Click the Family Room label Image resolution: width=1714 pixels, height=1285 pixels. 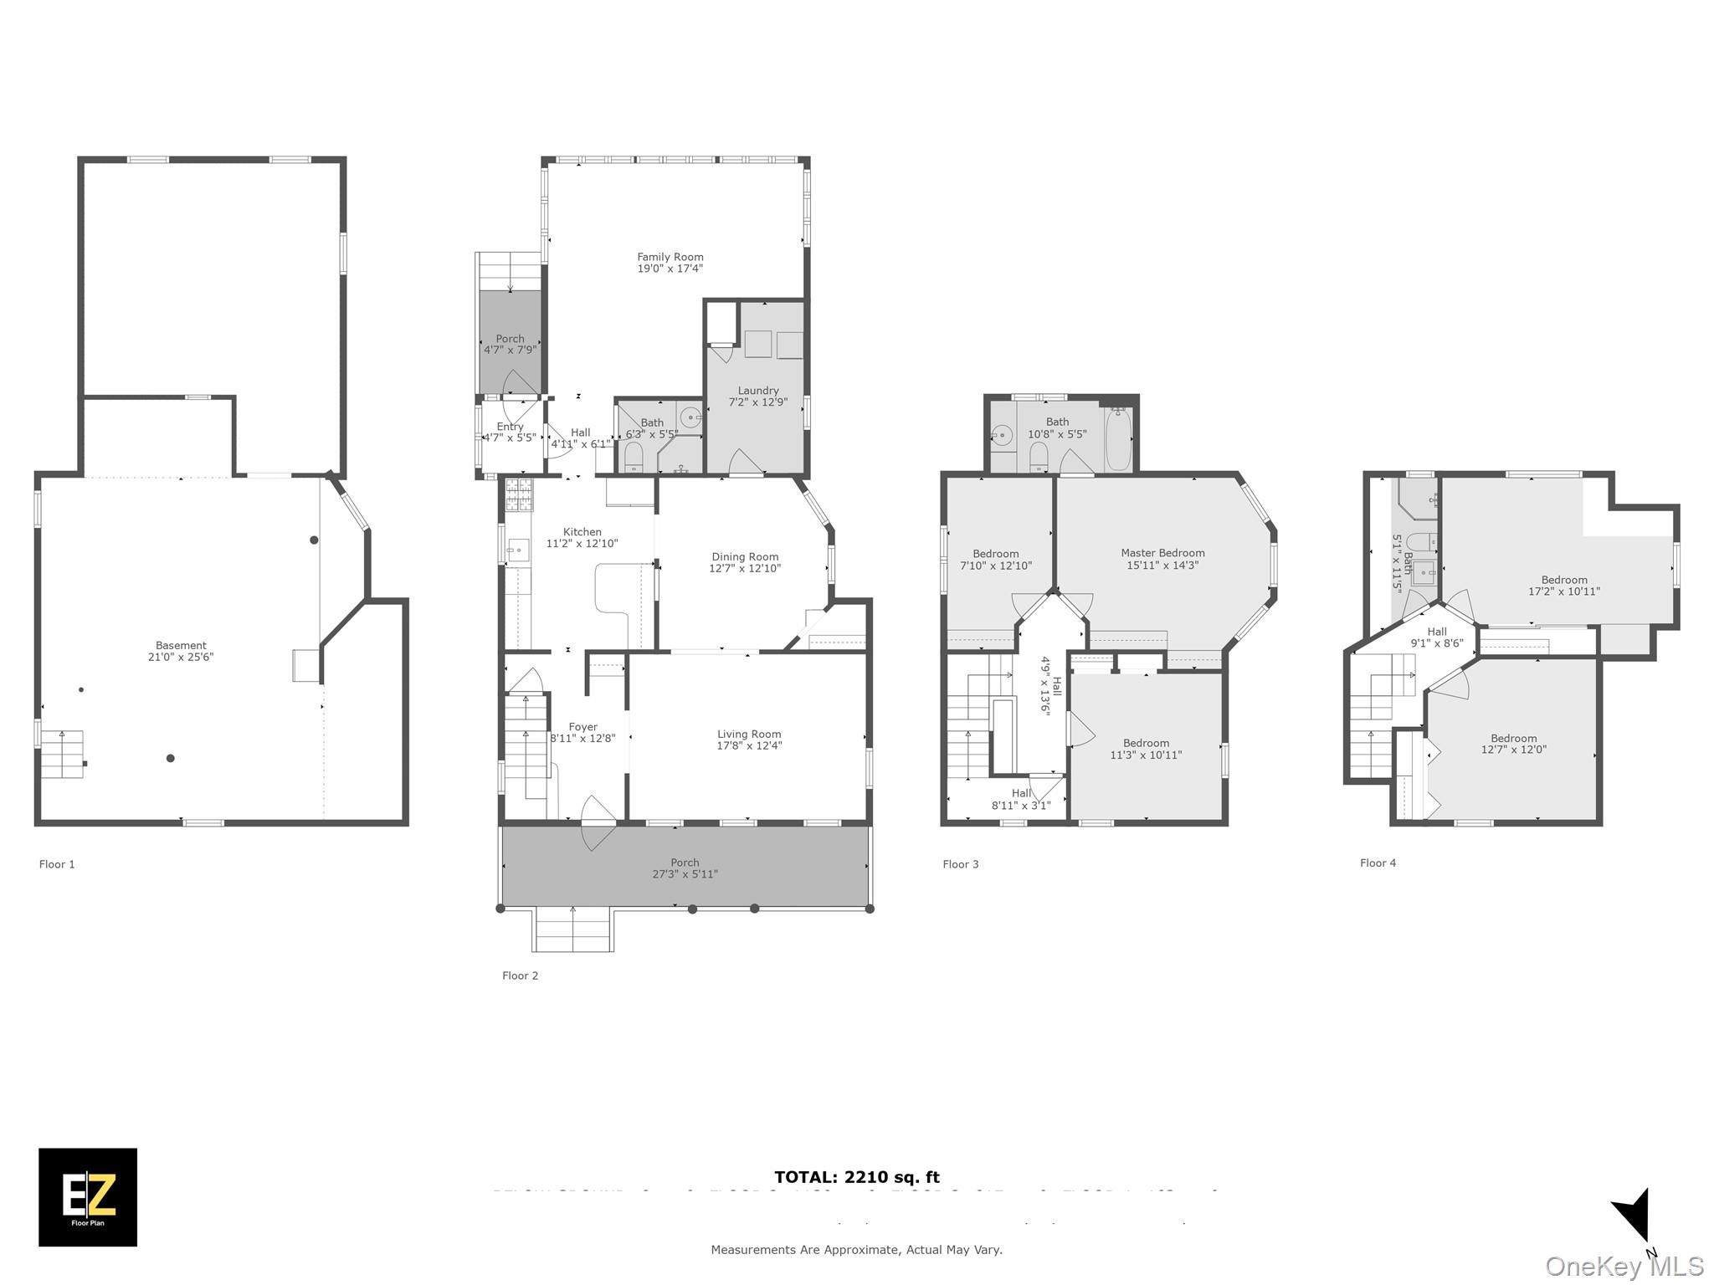[670, 258]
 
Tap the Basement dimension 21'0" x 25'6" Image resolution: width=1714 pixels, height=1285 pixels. [181, 658]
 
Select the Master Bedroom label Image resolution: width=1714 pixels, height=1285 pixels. [1162, 553]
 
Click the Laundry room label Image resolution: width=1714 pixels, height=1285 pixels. [758, 391]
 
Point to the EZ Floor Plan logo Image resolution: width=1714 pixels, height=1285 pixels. [88, 1197]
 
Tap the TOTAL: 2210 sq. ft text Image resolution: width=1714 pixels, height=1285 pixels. [857, 1178]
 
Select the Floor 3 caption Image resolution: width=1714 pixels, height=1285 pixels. [960, 864]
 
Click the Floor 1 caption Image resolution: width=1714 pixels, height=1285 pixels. [57, 864]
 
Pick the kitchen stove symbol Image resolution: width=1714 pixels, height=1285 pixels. [519, 494]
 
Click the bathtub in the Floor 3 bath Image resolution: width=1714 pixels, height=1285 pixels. [1118, 439]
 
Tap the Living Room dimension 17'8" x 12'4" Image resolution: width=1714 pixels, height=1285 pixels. [749, 746]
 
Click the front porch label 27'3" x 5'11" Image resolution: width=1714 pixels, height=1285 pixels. [685, 874]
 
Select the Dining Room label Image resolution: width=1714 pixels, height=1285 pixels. [745, 557]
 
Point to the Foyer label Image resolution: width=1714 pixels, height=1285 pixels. [582, 727]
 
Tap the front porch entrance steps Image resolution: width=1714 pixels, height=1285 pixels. [573, 930]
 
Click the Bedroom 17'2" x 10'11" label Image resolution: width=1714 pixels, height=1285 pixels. [1563, 580]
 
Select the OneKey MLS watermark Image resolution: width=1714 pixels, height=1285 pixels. [1624, 1267]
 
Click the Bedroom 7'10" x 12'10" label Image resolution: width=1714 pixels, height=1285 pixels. [995, 554]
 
